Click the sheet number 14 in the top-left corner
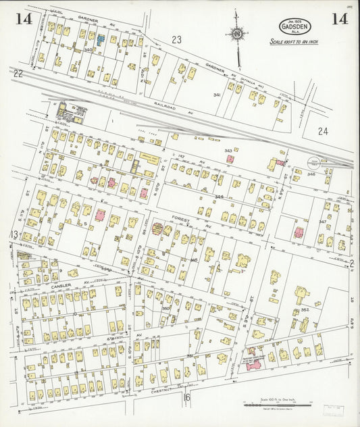click(x=24, y=19)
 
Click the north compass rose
click(x=236, y=32)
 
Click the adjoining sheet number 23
click(x=176, y=40)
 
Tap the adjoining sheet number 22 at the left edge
click(x=18, y=73)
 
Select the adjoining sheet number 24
click(x=322, y=132)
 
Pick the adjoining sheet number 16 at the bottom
click(x=187, y=397)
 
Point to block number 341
click(x=217, y=95)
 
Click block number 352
click(x=305, y=310)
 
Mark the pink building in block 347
click(x=298, y=233)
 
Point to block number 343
click(x=228, y=151)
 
